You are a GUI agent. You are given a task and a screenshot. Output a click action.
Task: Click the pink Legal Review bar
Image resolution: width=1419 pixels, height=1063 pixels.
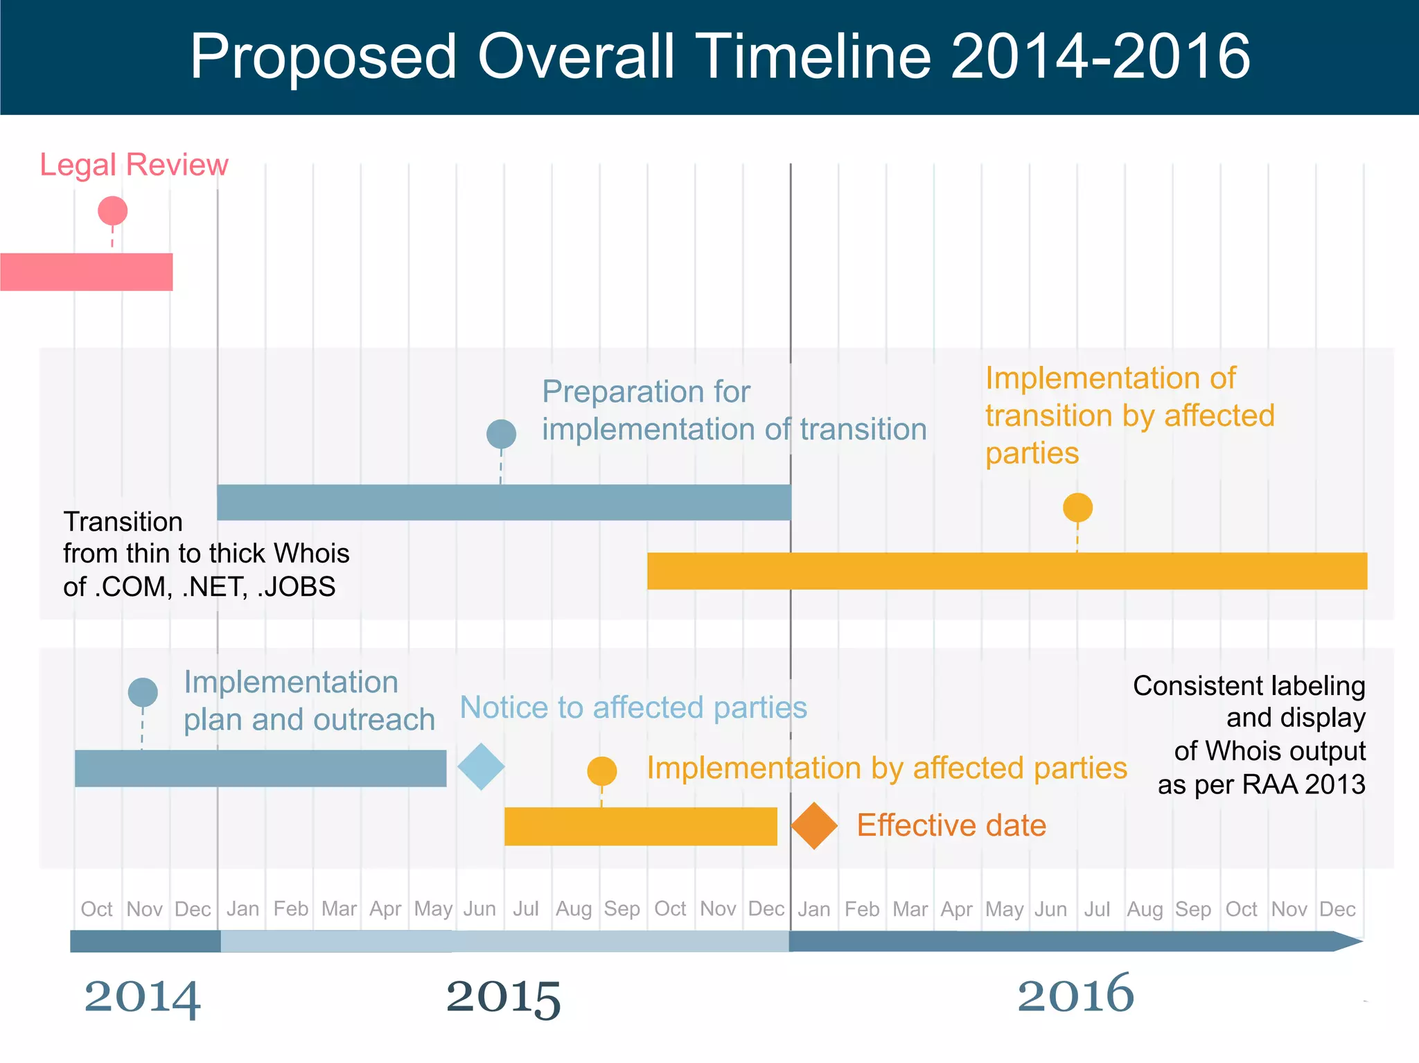coord(87,272)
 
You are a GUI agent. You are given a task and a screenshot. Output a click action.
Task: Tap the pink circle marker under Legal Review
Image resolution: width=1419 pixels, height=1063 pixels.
coord(113,211)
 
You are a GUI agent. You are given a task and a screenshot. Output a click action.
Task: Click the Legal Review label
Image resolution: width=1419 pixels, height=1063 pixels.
coord(134,165)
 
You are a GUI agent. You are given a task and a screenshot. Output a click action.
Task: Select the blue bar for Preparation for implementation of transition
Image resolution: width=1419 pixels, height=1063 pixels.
coord(504,502)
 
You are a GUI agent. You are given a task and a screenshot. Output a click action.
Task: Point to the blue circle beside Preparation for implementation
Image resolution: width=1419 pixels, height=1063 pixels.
coord(501,434)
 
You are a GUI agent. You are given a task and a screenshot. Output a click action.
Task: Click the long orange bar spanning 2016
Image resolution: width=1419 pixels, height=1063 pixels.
coord(1007,571)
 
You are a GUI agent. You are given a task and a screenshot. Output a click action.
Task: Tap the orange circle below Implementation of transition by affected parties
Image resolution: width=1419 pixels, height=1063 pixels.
coord(1077,507)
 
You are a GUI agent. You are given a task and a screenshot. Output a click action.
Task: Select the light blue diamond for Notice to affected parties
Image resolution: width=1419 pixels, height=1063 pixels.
coord(481,766)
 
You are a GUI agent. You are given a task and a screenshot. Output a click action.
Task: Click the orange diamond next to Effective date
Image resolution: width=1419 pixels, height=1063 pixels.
coord(814,825)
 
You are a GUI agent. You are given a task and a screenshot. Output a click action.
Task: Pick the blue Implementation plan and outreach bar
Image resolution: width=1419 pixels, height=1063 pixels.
coord(261,768)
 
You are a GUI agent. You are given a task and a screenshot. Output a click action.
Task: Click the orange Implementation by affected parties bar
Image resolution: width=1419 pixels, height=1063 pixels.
coord(641,826)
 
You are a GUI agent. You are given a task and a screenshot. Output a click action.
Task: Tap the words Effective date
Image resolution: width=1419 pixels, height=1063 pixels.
coord(951,825)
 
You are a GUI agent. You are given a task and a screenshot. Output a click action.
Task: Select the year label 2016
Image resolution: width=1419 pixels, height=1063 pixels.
coord(1075,994)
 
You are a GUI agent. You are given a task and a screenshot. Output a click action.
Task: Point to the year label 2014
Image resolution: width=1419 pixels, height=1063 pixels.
coord(142,996)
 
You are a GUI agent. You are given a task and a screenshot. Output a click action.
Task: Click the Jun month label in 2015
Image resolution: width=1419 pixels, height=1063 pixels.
coord(479,908)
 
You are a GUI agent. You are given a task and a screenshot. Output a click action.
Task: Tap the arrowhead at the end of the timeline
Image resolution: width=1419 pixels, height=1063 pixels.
coord(1348,941)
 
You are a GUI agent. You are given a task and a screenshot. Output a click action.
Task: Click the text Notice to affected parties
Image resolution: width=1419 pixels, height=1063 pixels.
coord(633,708)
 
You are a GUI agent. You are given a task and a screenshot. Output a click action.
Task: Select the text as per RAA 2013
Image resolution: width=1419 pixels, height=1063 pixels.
coord(1261,784)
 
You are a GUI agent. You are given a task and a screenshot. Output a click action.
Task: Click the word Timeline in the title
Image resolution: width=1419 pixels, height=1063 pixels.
coord(813,57)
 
